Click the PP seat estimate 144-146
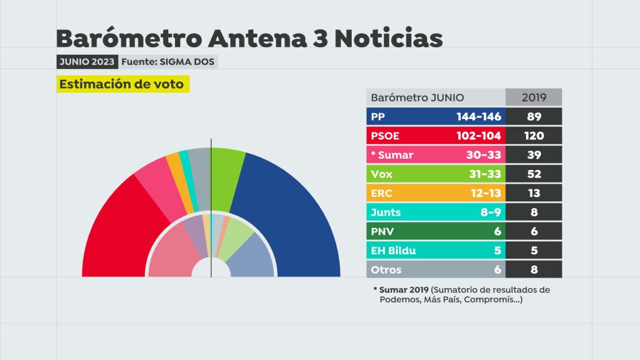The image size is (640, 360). (478, 116)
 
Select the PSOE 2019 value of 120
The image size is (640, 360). (534, 136)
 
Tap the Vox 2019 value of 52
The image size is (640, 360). (534, 174)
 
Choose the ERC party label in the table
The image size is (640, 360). (381, 194)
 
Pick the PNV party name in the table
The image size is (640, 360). (382, 232)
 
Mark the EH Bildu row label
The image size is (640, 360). (393, 251)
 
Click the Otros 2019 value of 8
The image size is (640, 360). (534, 270)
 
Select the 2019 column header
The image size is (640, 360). (534, 98)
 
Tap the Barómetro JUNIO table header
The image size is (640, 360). (417, 98)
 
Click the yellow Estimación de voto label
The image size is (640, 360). (122, 85)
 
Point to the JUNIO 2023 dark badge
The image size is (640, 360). (87, 62)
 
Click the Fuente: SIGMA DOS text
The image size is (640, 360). (168, 62)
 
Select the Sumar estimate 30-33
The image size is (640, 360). (484, 155)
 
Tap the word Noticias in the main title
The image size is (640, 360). (388, 39)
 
